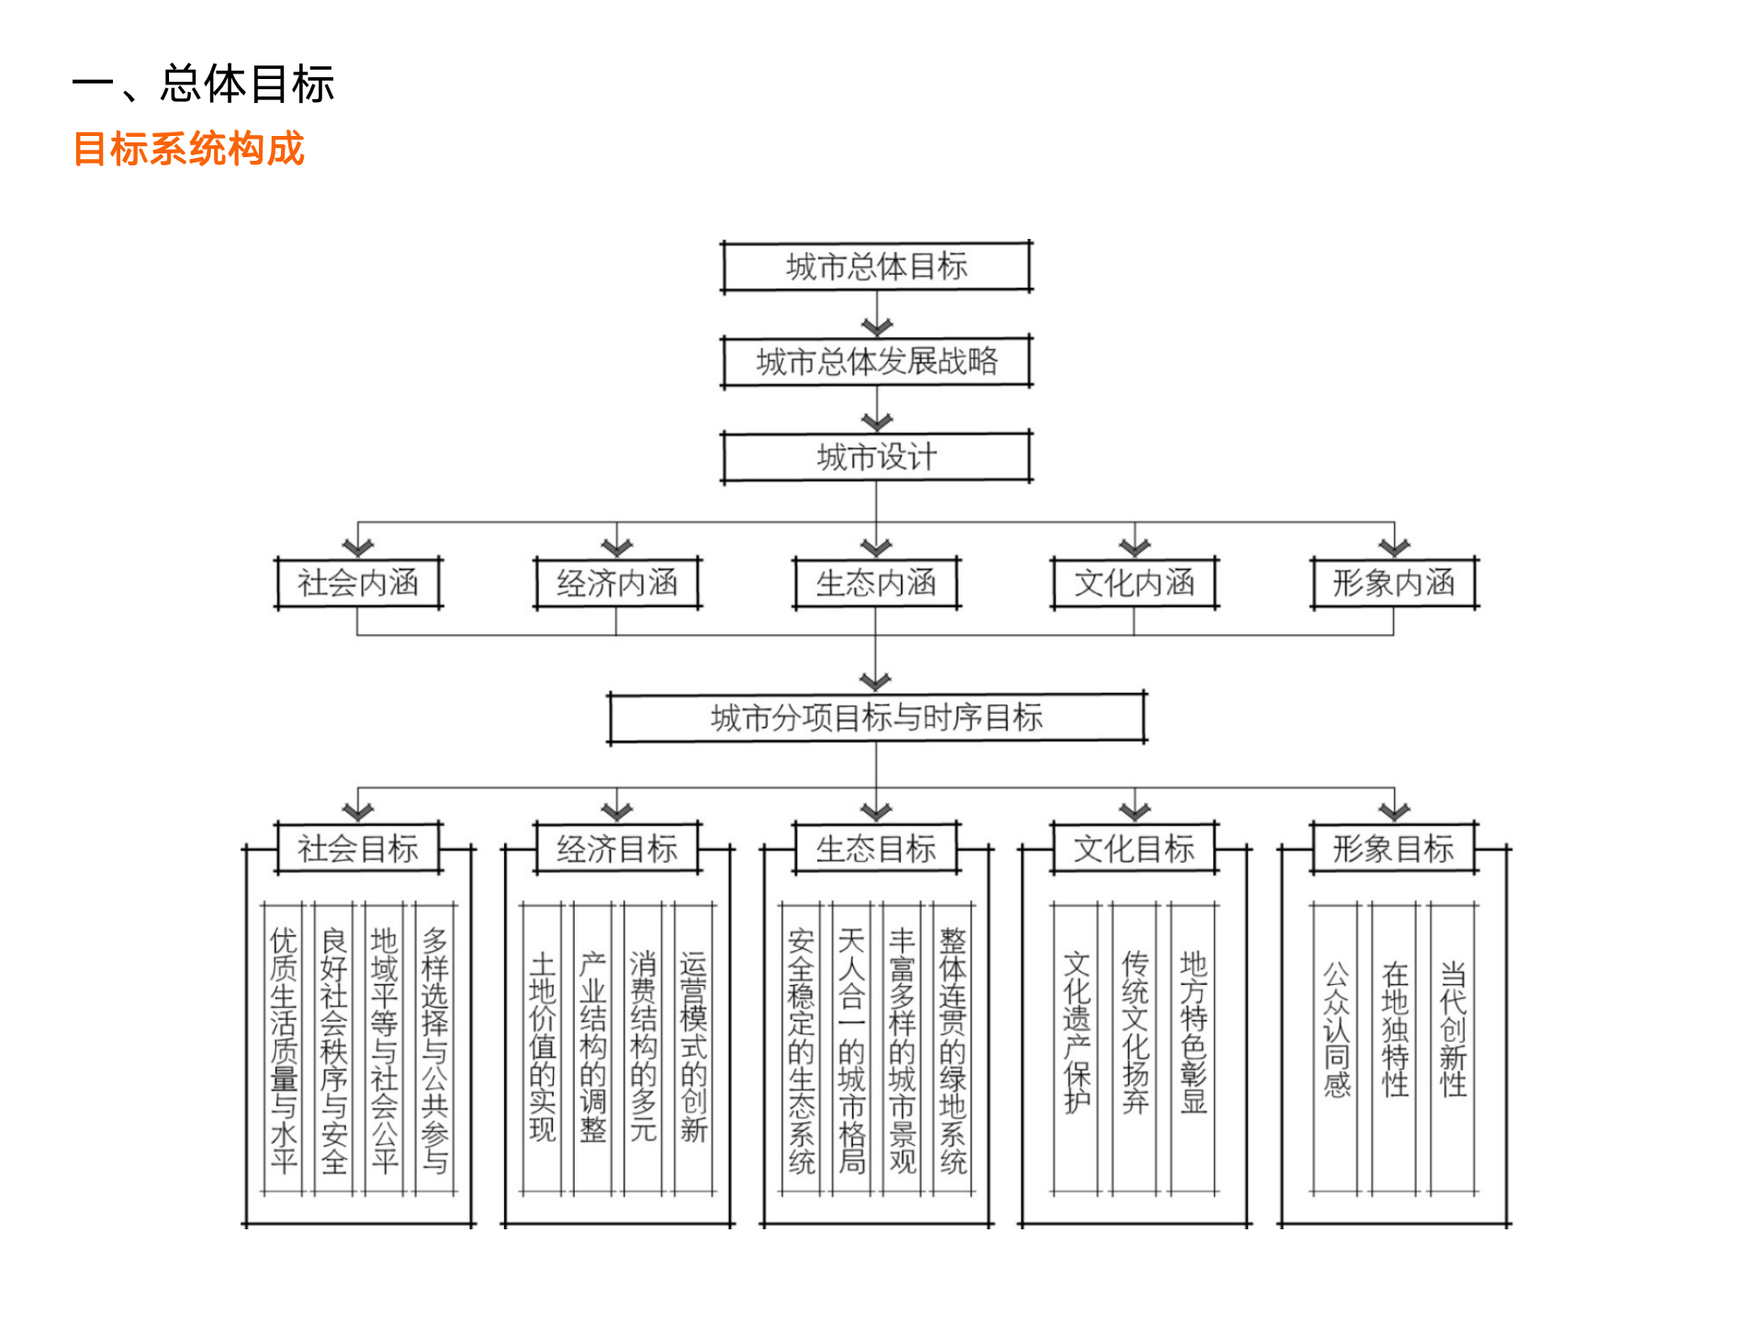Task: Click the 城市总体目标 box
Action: click(876, 266)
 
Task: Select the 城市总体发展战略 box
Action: click(876, 362)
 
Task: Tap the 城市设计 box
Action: click(876, 457)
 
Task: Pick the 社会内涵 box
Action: click(358, 582)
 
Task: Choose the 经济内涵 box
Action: click(617, 582)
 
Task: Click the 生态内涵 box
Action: click(876, 582)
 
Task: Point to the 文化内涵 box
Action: click(1135, 582)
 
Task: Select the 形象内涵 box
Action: click(1394, 582)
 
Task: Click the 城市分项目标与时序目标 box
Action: click(876, 718)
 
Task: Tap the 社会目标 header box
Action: click(358, 848)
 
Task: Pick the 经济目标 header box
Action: click(617, 848)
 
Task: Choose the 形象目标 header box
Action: click(1394, 848)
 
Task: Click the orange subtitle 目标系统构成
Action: click(189, 149)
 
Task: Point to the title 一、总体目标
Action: click(204, 85)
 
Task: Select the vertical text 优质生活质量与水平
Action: click(284, 1050)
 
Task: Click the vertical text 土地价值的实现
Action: click(543, 1047)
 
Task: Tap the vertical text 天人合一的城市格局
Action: click(851, 1050)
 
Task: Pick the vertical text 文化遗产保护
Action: click(1076, 1033)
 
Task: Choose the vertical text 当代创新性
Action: click(1453, 1029)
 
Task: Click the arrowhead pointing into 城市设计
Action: click(876, 423)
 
